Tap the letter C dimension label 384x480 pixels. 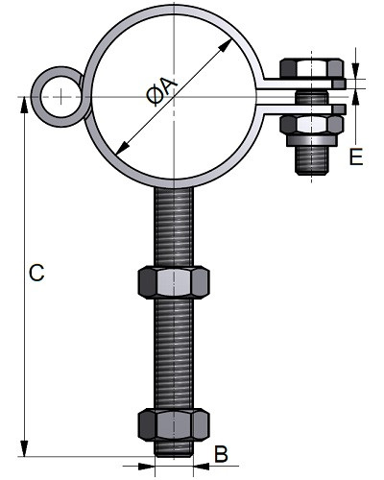(36, 273)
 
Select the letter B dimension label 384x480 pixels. (221, 454)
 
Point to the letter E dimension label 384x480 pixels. (356, 156)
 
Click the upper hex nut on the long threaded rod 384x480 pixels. (174, 282)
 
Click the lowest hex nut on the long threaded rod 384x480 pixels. (174, 424)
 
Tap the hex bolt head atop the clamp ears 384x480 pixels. (312, 68)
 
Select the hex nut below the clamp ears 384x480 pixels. (312, 125)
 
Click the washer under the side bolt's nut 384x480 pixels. (312, 140)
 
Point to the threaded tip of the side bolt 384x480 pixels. (312, 161)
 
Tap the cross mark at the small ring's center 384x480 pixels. (60, 97)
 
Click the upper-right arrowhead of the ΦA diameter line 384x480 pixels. (225, 45)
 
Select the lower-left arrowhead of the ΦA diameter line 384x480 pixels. (123, 149)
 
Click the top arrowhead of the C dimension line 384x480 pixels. (24, 105)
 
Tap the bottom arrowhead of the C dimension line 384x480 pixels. (24, 448)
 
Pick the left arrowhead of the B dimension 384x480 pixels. (147, 466)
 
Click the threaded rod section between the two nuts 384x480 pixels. (174, 353)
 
